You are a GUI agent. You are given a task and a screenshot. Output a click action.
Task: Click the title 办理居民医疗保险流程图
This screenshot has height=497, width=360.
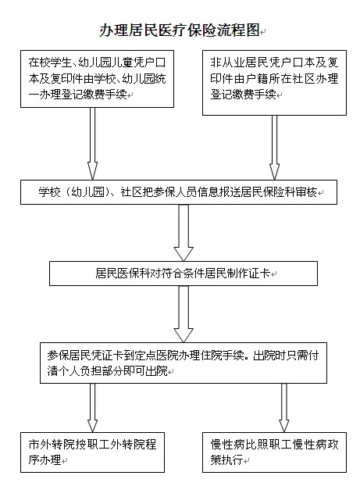(x=179, y=30)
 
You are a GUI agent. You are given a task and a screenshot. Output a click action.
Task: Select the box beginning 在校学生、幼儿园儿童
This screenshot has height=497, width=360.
(x=97, y=79)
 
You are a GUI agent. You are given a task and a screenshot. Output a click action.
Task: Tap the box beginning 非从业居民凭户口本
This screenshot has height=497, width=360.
(x=274, y=83)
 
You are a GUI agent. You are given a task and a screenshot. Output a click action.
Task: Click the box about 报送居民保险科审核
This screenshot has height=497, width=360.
(x=179, y=192)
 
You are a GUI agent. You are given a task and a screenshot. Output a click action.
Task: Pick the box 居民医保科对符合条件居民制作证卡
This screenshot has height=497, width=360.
(x=184, y=274)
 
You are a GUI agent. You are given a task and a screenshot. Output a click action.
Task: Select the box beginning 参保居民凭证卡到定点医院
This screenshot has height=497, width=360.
(x=184, y=363)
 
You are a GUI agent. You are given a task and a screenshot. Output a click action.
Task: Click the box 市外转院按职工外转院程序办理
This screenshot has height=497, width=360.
(x=92, y=452)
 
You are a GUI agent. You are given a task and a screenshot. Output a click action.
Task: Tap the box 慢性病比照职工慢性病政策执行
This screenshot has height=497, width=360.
(x=274, y=452)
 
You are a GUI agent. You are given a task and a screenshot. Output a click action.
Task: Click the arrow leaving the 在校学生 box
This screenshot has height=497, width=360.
(x=92, y=144)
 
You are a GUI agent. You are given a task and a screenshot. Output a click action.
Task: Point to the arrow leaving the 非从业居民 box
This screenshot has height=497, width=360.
(x=274, y=148)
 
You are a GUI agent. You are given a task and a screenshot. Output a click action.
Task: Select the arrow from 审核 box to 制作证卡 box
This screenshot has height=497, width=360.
(x=184, y=233)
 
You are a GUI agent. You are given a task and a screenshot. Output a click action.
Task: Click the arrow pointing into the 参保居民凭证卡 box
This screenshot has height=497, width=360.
(x=184, y=314)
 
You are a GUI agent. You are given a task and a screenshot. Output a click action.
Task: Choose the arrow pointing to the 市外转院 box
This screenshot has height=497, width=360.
(x=92, y=408)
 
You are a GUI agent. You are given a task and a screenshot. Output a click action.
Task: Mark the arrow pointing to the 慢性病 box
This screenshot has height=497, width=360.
(x=284, y=408)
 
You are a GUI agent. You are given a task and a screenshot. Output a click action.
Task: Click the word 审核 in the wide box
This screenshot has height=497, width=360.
(x=306, y=192)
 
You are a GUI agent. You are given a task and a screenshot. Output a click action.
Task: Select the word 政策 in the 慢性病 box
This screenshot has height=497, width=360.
(x=328, y=445)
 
